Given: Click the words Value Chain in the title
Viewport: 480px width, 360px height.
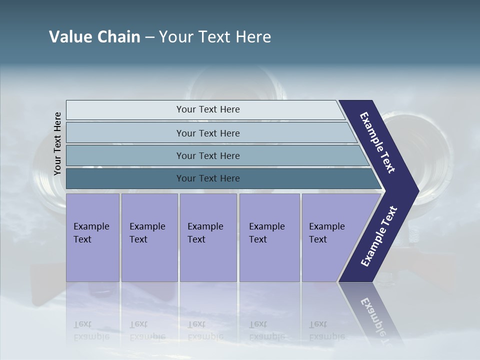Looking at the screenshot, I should tap(94, 37).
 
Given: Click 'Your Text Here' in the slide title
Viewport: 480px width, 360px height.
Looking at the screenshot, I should tap(215, 37).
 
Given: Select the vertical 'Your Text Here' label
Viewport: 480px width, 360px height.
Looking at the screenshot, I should tap(57, 143).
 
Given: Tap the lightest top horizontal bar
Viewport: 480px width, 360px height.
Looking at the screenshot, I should tap(208, 109).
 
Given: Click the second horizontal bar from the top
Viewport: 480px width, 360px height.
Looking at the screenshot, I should tap(208, 133).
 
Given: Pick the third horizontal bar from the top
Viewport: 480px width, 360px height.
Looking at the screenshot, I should tap(208, 155).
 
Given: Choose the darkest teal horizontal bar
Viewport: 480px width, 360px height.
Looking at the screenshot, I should tap(208, 178).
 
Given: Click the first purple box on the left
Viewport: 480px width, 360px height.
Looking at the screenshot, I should tap(92, 237).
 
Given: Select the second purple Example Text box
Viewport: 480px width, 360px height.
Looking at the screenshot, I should tap(149, 237).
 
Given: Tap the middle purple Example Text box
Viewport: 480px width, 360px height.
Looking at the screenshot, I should tap(208, 237).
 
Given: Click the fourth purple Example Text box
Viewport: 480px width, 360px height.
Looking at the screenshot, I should tap(269, 237).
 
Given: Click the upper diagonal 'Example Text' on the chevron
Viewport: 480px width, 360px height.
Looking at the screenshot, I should tap(378, 142).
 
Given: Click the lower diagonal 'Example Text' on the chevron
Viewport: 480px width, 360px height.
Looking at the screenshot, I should tap(378, 236).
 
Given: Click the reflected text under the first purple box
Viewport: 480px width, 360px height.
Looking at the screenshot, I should tap(91, 330).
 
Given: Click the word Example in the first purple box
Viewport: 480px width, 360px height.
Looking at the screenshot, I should tap(91, 226).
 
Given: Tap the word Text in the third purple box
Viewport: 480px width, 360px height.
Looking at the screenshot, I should tap(196, 239).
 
